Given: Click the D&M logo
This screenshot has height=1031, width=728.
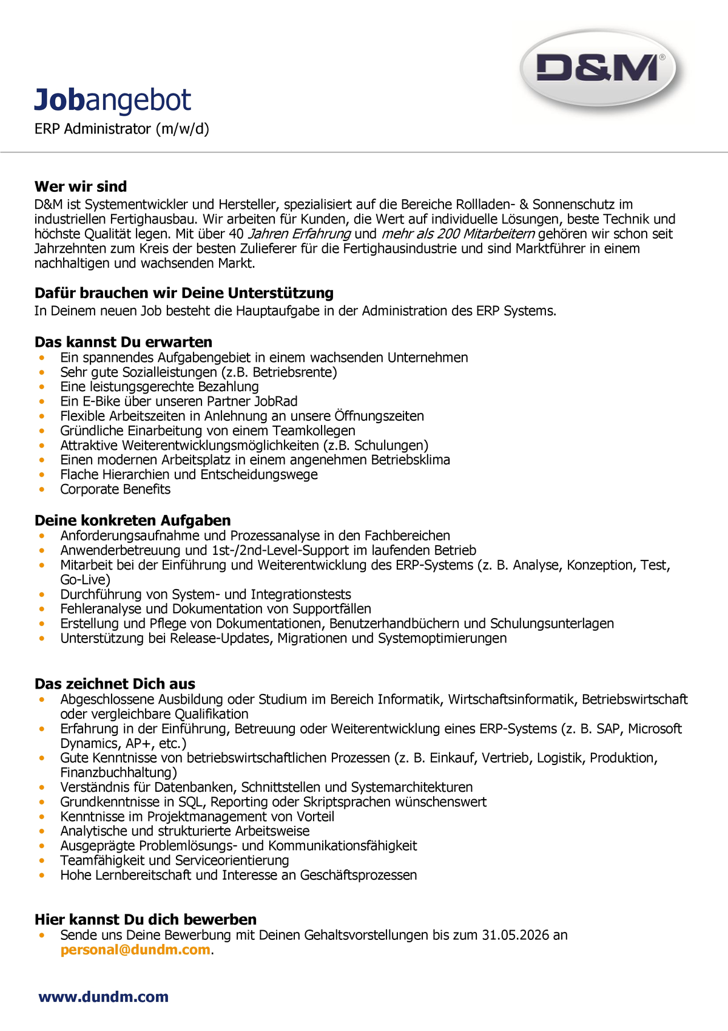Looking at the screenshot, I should tap(598, 69).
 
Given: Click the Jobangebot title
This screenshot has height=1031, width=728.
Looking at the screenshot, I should tap(113, 100).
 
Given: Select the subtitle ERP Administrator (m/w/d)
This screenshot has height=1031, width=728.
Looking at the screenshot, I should tap(121, 129).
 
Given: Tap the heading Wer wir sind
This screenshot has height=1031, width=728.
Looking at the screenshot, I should tap(81, 186).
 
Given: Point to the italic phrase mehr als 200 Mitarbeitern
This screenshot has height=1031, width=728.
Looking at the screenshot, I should tap(458, 234).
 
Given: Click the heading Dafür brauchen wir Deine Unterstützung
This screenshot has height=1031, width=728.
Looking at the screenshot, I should tap(184, 293).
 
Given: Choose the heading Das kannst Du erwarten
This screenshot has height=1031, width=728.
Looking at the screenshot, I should tap(123, 342).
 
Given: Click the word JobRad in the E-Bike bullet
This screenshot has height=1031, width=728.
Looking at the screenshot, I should tap(276, 401).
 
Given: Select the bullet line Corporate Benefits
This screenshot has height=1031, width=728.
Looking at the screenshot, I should tap(115, 489).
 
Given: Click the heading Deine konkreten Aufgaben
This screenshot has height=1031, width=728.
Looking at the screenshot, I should tap(132, 520).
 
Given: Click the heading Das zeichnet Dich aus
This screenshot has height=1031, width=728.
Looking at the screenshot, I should tap(115, 684).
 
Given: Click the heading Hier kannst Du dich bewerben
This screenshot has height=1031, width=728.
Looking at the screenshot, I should tap(146, 919).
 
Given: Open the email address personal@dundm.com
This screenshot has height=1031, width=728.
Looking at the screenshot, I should tap(135, 950).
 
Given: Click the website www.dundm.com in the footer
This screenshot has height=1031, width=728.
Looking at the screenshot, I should tap(103, 997).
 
